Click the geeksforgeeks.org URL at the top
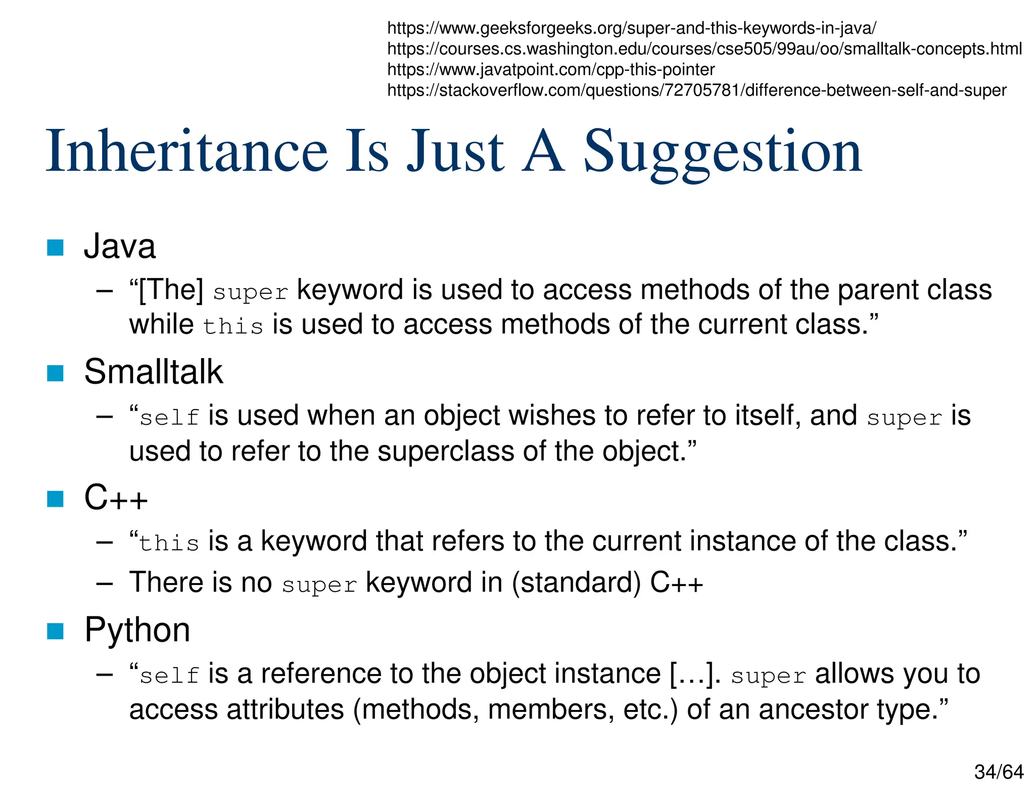[x=631, y=28]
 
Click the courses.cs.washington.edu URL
[x=704, y=49]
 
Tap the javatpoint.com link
[x=550, y=70]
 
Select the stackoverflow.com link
[x=696, y=91]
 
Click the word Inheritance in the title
[x=187, y=152]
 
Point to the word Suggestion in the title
[x=723, y=152]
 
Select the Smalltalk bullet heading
[x=153, y=372]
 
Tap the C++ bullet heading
[x=116, y=498]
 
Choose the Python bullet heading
[x=137, y=630]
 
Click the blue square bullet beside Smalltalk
[x=55, y=373]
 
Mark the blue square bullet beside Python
[x=55, y=631]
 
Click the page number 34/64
[x=999, y=772]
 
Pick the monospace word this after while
[x=233, y=327]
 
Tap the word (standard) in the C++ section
[x=576, y=583]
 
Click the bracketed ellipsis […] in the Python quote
[x=695, y=674]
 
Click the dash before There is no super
[x=104, y=583]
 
